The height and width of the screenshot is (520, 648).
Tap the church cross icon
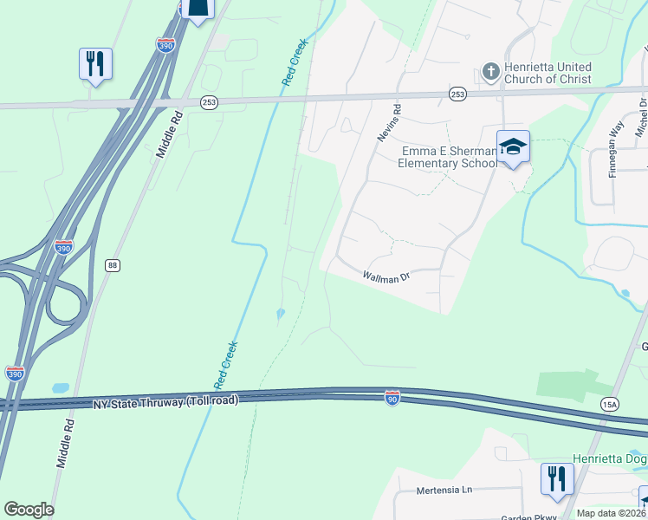coord(490,71)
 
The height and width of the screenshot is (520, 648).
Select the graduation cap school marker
coord(512,146)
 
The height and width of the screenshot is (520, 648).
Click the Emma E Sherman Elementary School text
coord(448,157)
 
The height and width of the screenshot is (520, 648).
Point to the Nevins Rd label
coord(387,123)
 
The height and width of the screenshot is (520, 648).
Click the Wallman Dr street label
coord(386,277)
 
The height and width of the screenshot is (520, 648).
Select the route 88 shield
coord(112,265)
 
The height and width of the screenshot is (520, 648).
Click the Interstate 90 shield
coord(392,398)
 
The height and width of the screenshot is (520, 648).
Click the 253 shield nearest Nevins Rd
coord(457,94)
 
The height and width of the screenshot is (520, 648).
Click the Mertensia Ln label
coord(443,490)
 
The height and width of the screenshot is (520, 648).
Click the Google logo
coord(29,510)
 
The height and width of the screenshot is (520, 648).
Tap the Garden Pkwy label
coord(528,517)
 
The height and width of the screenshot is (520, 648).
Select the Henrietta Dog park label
coord(609,458)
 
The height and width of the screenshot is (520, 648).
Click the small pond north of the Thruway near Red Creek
coord(279,315)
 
